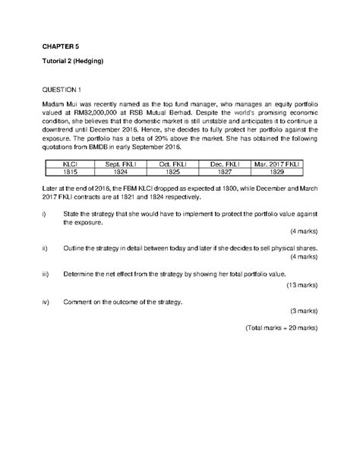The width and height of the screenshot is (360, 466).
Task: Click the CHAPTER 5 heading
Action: pos(61,45)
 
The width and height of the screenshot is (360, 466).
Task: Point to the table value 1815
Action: pos(69,173)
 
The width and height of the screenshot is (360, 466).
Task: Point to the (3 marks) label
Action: pos(301,311)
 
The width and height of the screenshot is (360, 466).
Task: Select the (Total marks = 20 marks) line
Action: pos(281,329)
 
